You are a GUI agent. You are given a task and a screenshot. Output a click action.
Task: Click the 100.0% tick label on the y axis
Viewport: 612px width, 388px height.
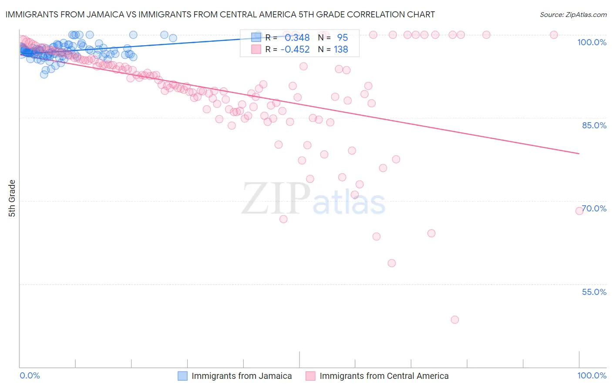coord(592,42)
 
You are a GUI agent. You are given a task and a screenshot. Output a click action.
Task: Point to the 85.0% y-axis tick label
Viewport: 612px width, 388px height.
coord(594,125)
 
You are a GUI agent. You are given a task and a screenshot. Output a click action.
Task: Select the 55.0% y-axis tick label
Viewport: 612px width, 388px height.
coord(594,292)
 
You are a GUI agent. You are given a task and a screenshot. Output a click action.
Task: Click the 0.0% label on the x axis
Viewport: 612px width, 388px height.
coord(30,375)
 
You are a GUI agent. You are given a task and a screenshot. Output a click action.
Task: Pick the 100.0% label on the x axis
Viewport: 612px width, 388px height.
coord(592,375)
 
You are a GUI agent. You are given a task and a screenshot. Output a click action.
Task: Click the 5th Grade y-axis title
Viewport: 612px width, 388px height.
coord(12,198)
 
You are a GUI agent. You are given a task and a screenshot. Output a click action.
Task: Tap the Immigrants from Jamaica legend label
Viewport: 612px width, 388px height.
coord(242,376)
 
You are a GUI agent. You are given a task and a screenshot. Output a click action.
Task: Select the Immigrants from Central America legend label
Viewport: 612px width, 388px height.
coord(384,376)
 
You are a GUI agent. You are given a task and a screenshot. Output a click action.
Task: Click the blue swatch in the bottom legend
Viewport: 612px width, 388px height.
coord(182,376)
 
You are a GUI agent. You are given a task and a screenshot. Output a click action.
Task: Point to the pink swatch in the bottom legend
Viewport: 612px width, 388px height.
coord(310,376)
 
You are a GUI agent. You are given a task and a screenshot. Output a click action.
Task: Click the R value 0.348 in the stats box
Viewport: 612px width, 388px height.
coord(297,38)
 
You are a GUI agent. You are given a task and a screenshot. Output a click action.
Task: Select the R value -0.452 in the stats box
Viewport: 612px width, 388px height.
coord(295,50)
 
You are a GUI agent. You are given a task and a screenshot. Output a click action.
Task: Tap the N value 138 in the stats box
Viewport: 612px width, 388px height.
coord(341,50)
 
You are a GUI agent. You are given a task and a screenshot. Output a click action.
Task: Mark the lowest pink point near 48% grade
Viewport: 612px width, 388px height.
coord(455,320)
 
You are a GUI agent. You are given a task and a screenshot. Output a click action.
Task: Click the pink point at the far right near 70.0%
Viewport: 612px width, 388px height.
coord(579,211)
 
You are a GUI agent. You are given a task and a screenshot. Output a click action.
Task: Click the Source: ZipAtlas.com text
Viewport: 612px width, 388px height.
coord(573,15)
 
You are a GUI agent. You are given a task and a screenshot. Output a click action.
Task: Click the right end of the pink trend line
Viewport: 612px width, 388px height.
coord(579,154)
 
